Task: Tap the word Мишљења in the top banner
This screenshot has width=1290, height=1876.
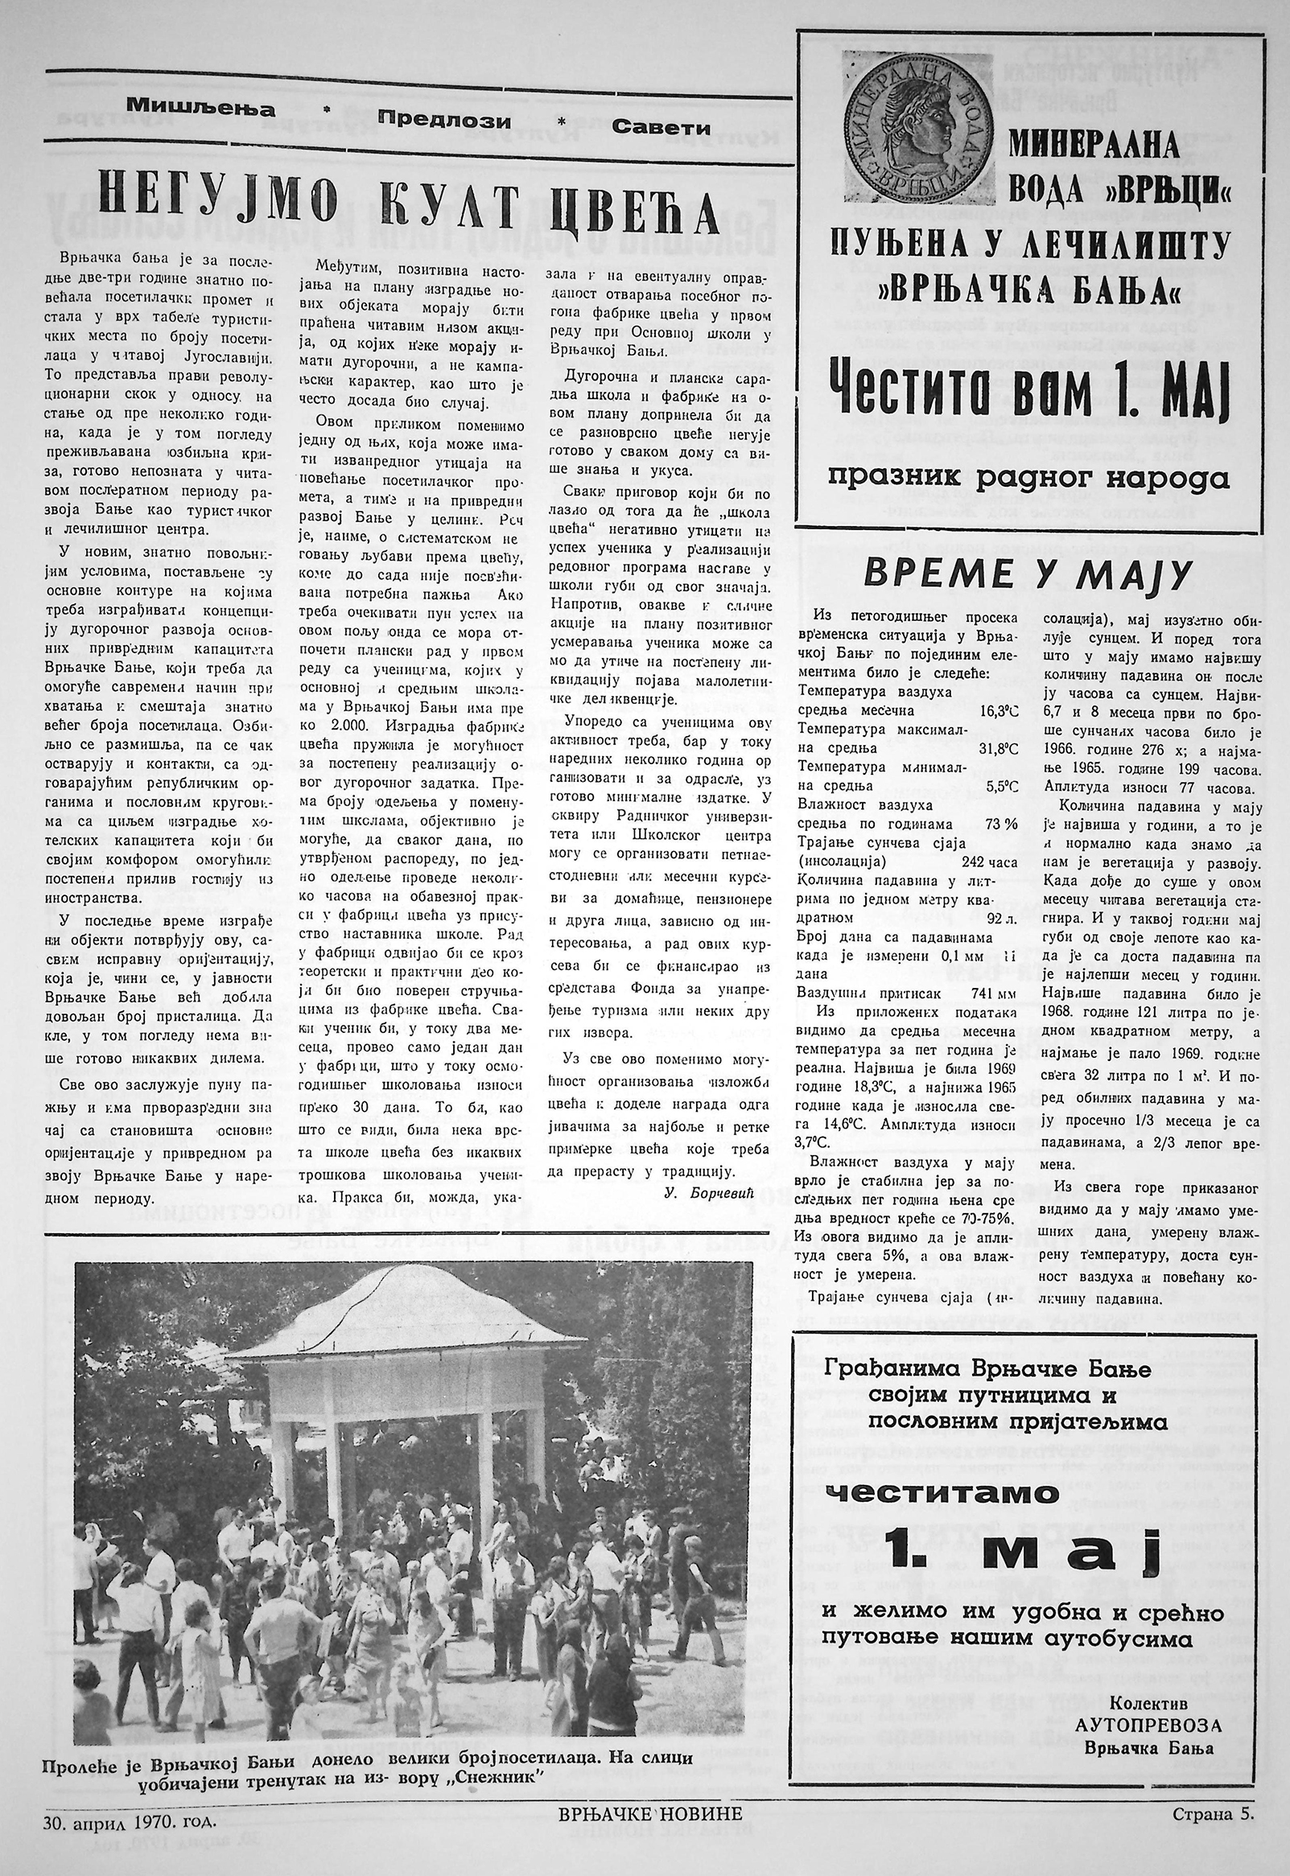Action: pyautogui.click(x=200, y=106)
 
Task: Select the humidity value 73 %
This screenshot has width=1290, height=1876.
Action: pyautogui.click(x=1000, y=825)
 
